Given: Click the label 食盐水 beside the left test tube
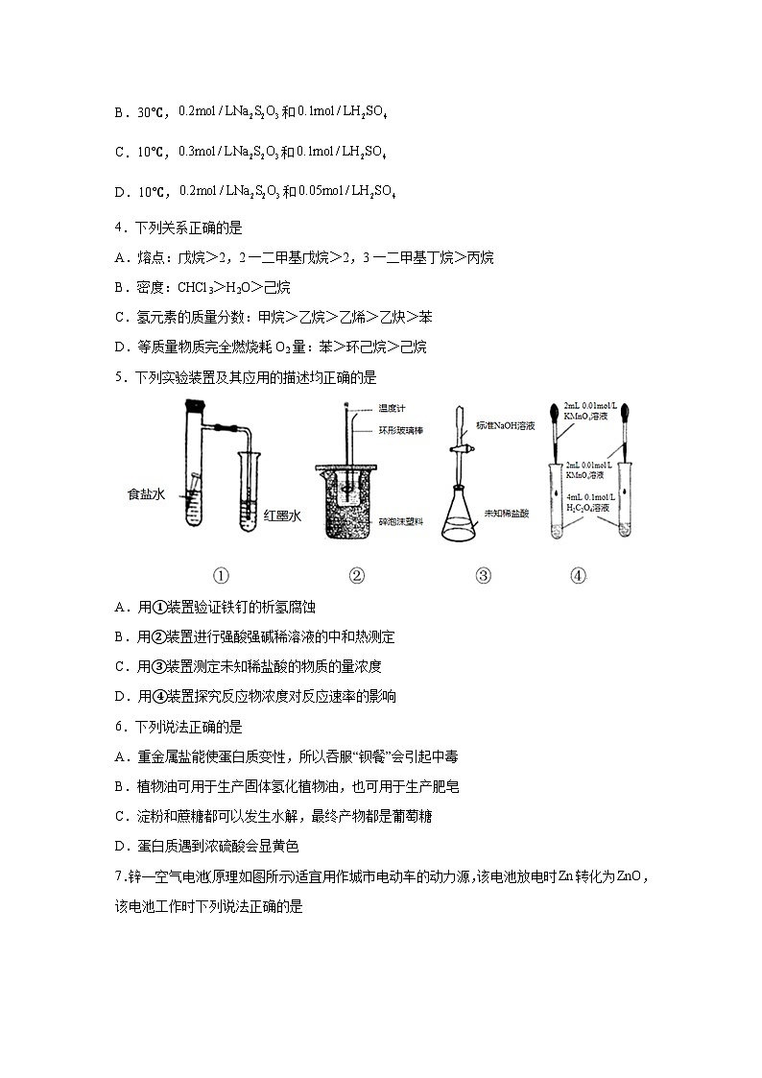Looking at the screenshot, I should pyautogui.click(x=146, y=494).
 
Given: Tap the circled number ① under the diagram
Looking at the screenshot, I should pyautogui.click(x=221, y=576).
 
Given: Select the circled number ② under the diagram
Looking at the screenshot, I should pyautogui.click(x=356, y=576).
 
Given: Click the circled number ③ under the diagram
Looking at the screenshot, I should pyautogui.click(x=483, y=576).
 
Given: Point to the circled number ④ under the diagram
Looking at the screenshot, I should pyautogui.click(x=578, y=576).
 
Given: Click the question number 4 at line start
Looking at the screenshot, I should pyautogui.click(x=118, y=228).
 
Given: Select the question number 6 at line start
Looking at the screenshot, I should pyautogui.click(x=118, y=727).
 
